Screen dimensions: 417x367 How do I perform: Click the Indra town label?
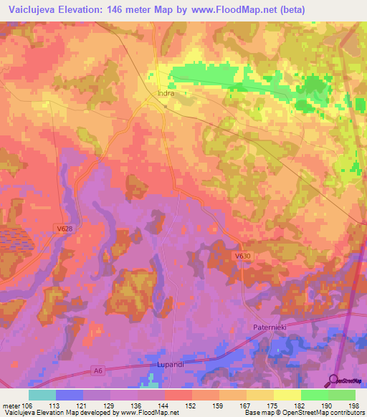(x=166, y=93)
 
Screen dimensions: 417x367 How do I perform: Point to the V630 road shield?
(x=243, y=254)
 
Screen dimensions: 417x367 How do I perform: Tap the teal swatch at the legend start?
(x=42, y=395)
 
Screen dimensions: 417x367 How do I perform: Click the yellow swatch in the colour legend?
(x=287, y=395)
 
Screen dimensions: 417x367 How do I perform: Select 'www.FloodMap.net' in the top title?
(x=224, y=10)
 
